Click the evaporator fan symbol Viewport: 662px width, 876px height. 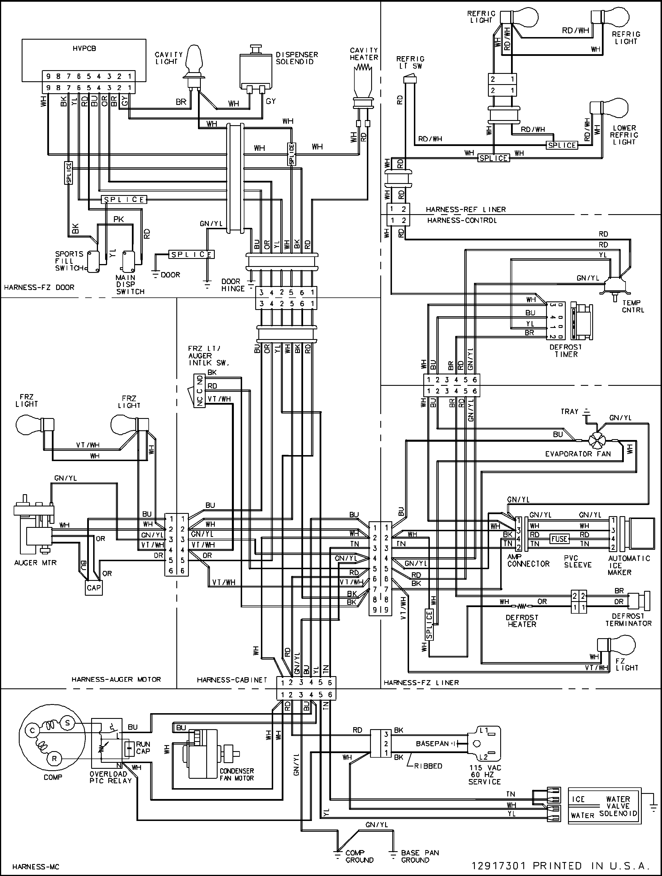click(x=595, y=440)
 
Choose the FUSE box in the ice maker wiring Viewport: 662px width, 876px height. click(x=559, y=539)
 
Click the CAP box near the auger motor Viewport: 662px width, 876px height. click(x=94, y=588)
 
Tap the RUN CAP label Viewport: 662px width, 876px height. click(x=143, y=748)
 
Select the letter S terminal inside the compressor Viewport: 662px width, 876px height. click(x=67, y=723)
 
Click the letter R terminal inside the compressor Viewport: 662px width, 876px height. click(x=54, y=759)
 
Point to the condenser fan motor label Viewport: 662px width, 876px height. click(x=237, y=774)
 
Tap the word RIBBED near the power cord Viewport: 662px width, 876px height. click(x=428, y=766)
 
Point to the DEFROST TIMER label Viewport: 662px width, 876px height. click(x=566, y=350)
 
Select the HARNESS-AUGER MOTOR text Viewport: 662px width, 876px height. click(x=116, y=680)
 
